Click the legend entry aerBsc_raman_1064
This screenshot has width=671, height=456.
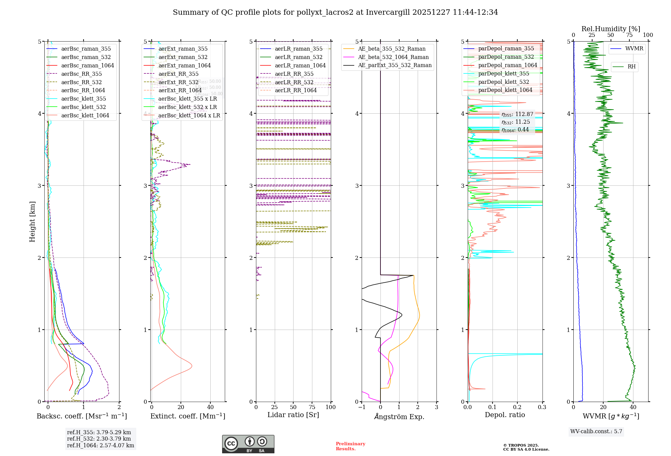coord(88,66)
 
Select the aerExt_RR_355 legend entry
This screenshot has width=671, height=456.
coord(178,74)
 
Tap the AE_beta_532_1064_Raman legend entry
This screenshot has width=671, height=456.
coord(393,57)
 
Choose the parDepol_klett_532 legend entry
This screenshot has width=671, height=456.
coord(503,82)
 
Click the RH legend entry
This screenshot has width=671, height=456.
coord(631,67)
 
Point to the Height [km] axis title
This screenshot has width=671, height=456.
coord(32,222)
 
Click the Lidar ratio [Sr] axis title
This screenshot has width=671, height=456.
coord(293,415)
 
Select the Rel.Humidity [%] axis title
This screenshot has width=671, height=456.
coord(611,29)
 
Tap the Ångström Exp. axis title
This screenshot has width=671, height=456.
coord(399,417)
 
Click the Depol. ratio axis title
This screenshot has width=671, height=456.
coord(505,415)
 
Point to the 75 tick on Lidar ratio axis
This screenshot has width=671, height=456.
coord(312,407)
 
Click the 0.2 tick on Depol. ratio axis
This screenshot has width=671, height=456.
coord(517,407)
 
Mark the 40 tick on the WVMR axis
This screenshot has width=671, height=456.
coord(633,407)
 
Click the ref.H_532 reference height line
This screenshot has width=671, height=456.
coord(99,439)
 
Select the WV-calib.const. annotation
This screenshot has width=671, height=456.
coord(596,432)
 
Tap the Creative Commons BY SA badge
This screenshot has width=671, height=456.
coord(248,444)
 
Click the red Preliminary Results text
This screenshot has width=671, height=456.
coord(350,446)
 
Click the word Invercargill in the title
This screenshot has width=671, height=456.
coord(388,12)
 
